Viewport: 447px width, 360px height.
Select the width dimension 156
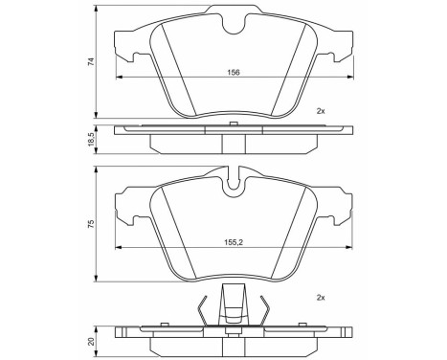(232, 71)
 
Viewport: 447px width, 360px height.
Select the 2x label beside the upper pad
(320, 111)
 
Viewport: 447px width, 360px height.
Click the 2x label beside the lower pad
(320, 298)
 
